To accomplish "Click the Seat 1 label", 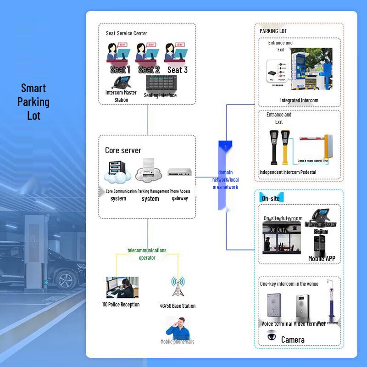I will click(120, 70).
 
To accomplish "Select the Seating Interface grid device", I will click(161, 83).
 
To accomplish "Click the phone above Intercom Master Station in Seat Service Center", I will click(121, 83).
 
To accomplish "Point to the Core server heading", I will click(123, 150).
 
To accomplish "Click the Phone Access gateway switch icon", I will click(179, 172).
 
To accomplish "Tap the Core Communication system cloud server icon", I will click(117, 172).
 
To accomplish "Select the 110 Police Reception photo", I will click(122, 288).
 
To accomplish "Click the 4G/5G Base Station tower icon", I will click(177, 288).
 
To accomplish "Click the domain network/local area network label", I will click(225, 180).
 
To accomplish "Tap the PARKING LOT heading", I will click(273, 31).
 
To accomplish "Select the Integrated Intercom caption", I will click(299, 100).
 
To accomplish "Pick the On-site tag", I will click(271, 199).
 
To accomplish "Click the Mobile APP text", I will click(322, 259).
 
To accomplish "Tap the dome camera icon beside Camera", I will click(271, 336).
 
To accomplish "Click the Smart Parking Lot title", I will click(33, 102).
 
